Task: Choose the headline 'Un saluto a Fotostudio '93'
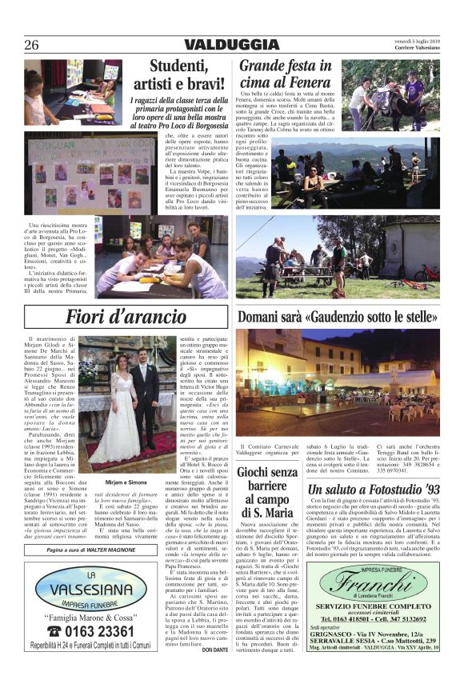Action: coord(374,489)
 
